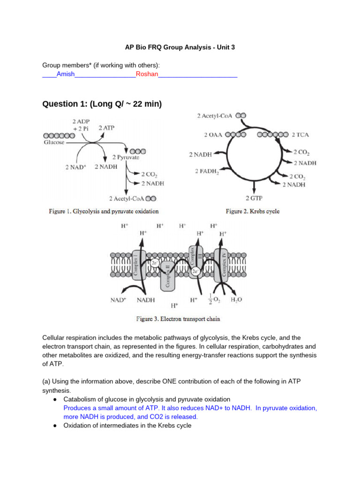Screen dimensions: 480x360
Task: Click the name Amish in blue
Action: (66, 74)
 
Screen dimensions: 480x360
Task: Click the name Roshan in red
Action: (147, 74)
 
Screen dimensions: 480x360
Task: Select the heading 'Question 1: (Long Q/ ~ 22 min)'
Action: (102, 104)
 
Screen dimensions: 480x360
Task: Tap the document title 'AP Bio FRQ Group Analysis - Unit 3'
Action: (180, 47)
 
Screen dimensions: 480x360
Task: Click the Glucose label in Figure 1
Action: (54, 142)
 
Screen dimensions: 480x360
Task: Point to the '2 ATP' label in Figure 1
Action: (106, 127)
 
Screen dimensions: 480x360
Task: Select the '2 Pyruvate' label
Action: (126, 158)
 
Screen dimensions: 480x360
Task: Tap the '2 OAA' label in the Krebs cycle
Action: (213, 135)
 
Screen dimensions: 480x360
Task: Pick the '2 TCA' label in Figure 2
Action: (300, 135)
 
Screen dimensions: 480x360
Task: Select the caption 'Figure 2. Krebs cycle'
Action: (253, 211)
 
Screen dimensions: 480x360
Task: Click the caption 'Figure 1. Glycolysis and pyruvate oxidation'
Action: (104, 211)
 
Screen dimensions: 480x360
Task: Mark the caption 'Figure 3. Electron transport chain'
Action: (178, 319)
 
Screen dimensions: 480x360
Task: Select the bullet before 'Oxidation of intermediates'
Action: (55, 426)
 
